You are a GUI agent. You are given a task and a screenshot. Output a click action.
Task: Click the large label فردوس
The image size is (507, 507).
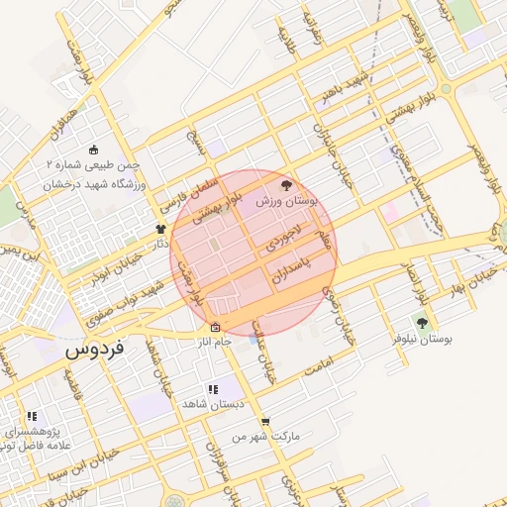(x=94, y=352)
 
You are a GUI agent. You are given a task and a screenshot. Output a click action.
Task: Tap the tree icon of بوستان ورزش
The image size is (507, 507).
(x=287, y=185)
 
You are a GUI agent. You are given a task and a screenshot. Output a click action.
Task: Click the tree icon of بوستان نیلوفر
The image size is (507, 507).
(x=422, y=323)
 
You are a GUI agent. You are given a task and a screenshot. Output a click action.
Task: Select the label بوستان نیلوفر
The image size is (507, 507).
(x=422, y=339)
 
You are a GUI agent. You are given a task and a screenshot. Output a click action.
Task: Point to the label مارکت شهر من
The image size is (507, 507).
(x=264, y=436)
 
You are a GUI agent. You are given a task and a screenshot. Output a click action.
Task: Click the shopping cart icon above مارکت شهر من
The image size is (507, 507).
(x=264, y=421)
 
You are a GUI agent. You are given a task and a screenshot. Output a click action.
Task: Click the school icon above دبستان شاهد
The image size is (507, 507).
(x=212, y=389)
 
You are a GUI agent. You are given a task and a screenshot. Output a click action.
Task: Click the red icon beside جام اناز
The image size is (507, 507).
(x=215, y=328)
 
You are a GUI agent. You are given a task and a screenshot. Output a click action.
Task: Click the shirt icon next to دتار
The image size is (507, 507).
(x=160, y=229)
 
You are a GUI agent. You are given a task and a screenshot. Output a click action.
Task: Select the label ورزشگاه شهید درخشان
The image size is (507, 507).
(x=95, y=184)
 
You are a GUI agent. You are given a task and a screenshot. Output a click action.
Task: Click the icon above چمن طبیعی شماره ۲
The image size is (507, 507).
(x=94, y=151)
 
